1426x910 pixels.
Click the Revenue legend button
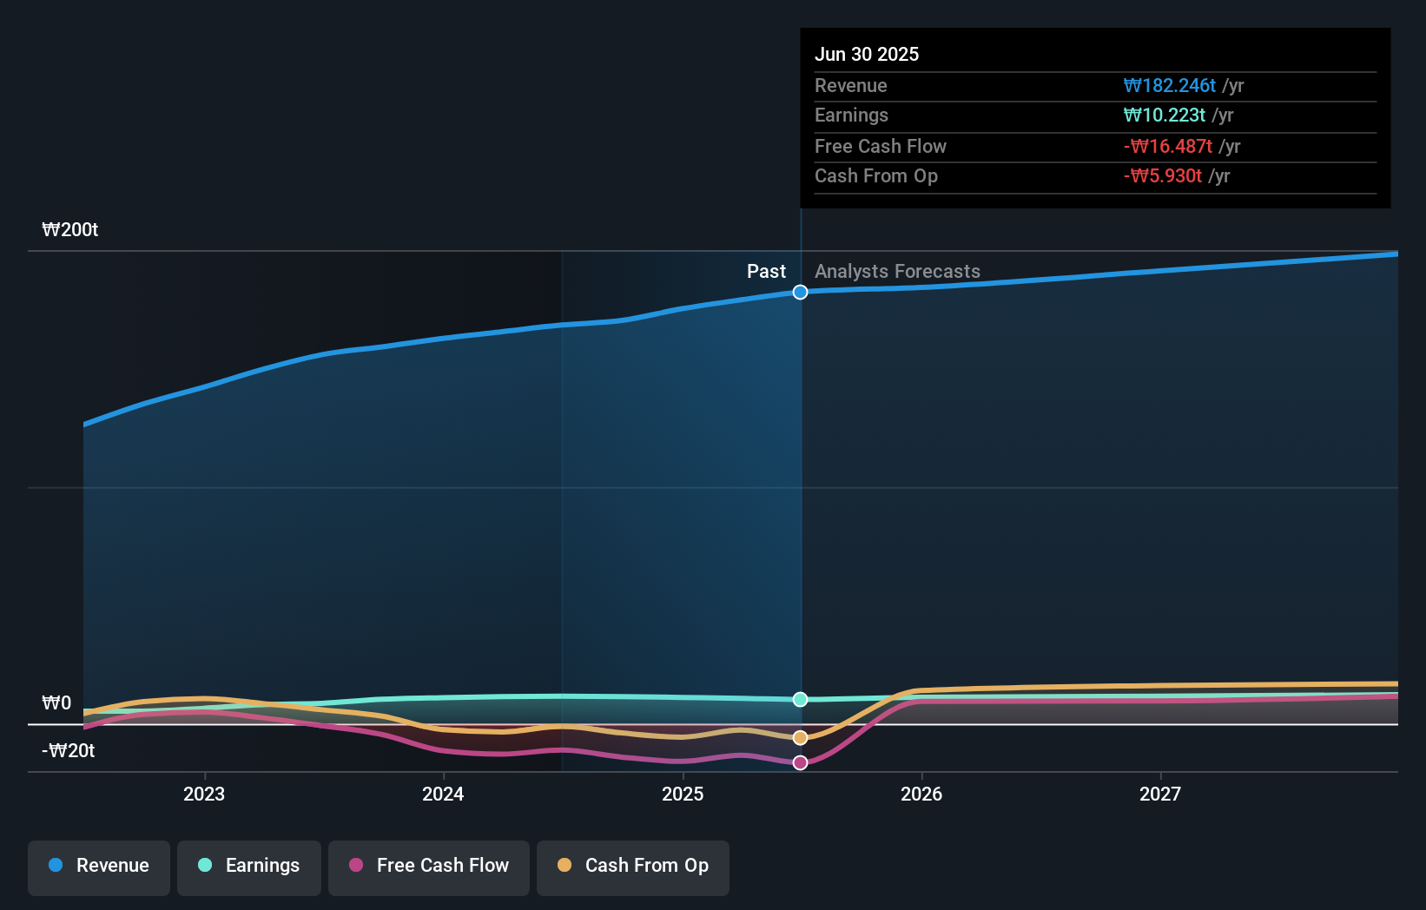coord(99,866)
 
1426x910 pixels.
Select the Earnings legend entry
coord(249,866)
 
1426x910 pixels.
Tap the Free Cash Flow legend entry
coord(429,866)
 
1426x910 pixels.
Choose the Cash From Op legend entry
coord(633,866)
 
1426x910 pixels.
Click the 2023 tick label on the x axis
coord(204,794)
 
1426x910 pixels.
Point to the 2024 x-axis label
coord(443,794)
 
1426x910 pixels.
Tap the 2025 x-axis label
coord(683,794)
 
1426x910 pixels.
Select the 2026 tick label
coord(921,794)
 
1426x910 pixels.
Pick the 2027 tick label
coord(1160,794)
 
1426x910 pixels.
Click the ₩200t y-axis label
coord(70,230)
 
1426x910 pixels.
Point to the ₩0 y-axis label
coord(56,703)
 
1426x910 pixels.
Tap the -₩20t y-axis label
coord(69,751)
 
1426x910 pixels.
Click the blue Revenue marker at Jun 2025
coord(801,293)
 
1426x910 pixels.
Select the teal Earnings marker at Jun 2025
coord(801,700)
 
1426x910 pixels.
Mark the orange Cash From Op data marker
coord(801,738)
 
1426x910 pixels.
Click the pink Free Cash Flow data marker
coord(801,763)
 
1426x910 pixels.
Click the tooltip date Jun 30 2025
coord(867,55)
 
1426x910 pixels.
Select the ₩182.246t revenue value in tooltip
coord(1169,86)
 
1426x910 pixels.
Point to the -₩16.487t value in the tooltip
coord(1168,147)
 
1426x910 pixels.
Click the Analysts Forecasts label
coord(897,272)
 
